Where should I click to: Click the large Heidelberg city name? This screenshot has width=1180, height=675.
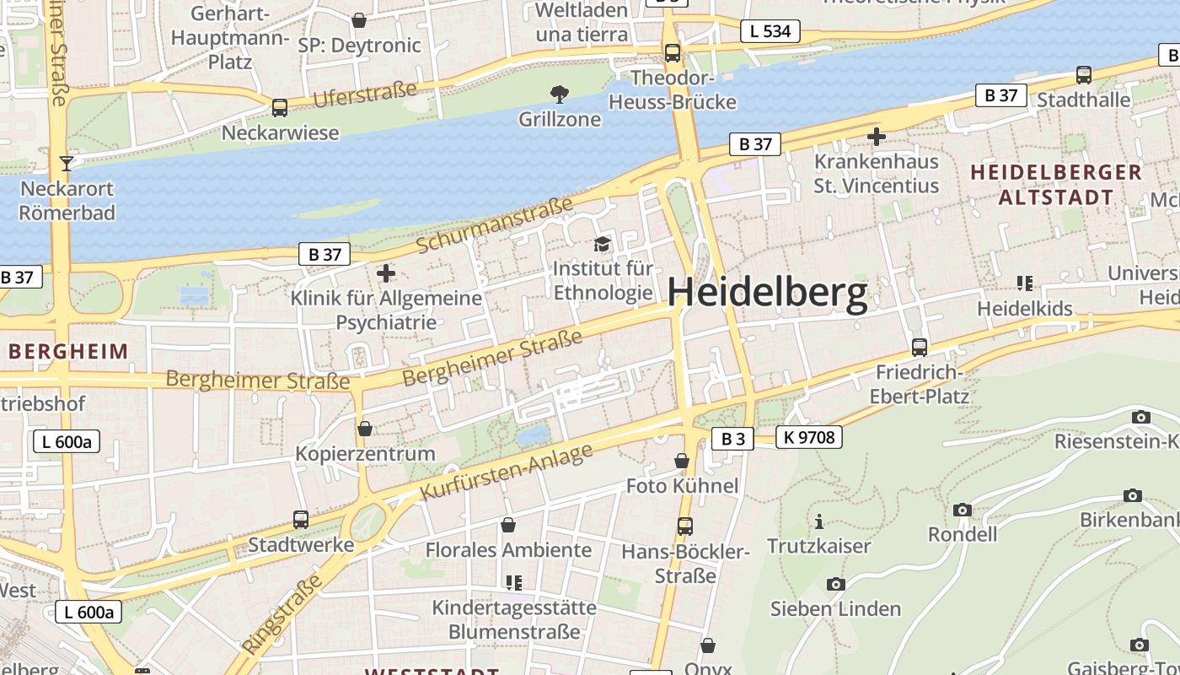click(767, 293)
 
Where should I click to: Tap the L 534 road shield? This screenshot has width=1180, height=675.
click(770, 31)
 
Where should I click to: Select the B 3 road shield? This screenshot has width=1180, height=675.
click(732, 438)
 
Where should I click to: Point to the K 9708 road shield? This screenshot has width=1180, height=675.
click(808, 437)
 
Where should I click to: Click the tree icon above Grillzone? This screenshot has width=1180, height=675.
click(559, 94)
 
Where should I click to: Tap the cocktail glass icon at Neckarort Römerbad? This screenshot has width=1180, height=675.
click(67, 163)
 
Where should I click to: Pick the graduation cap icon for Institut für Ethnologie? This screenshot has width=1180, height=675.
click(602, 244)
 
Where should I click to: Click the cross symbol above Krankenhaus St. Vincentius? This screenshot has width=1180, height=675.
click(876, 136)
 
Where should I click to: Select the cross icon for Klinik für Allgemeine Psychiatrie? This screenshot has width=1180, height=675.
click(386, 273)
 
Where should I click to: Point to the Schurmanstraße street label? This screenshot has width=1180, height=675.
click(495, 224)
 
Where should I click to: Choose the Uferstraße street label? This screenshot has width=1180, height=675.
click(365, 94)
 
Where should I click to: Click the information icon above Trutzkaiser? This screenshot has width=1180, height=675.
click(818, 521)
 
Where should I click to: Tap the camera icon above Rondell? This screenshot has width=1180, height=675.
click(962, 510)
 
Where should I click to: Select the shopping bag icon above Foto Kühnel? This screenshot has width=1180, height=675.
click(682, 461)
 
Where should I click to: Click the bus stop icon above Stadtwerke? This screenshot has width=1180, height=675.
click(301, 519)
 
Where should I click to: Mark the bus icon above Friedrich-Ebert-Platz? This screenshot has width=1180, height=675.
click(919, 347)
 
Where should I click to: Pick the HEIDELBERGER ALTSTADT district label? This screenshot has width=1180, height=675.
click(1055, 185)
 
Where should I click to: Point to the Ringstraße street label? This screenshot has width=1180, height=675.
click(282, 613)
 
